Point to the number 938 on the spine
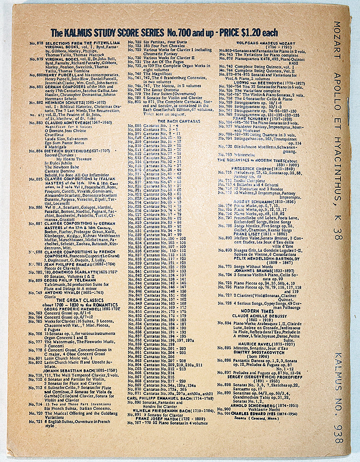coord(338,430)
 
